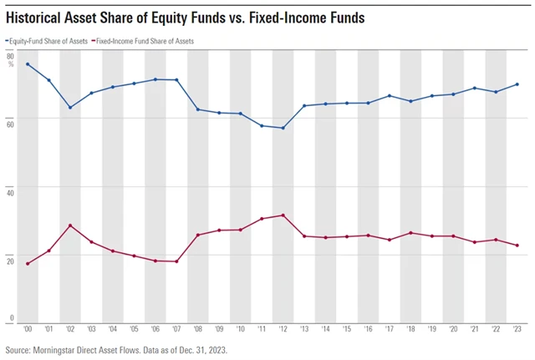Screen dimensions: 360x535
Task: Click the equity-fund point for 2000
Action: click(28, 64)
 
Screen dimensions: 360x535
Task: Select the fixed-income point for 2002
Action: click(70, 225)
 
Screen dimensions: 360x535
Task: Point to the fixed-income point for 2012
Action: click(283, 215)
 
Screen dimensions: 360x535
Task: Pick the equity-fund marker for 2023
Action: click(517, 84)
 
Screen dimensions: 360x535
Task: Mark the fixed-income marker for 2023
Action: click(517, 246)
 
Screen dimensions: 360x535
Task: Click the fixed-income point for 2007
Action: click(176, 261)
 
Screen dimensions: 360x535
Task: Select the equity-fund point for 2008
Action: click(198, 109)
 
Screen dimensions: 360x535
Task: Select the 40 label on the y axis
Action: click(11, 189)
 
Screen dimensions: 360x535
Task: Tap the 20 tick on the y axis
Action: click(11, 257)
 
